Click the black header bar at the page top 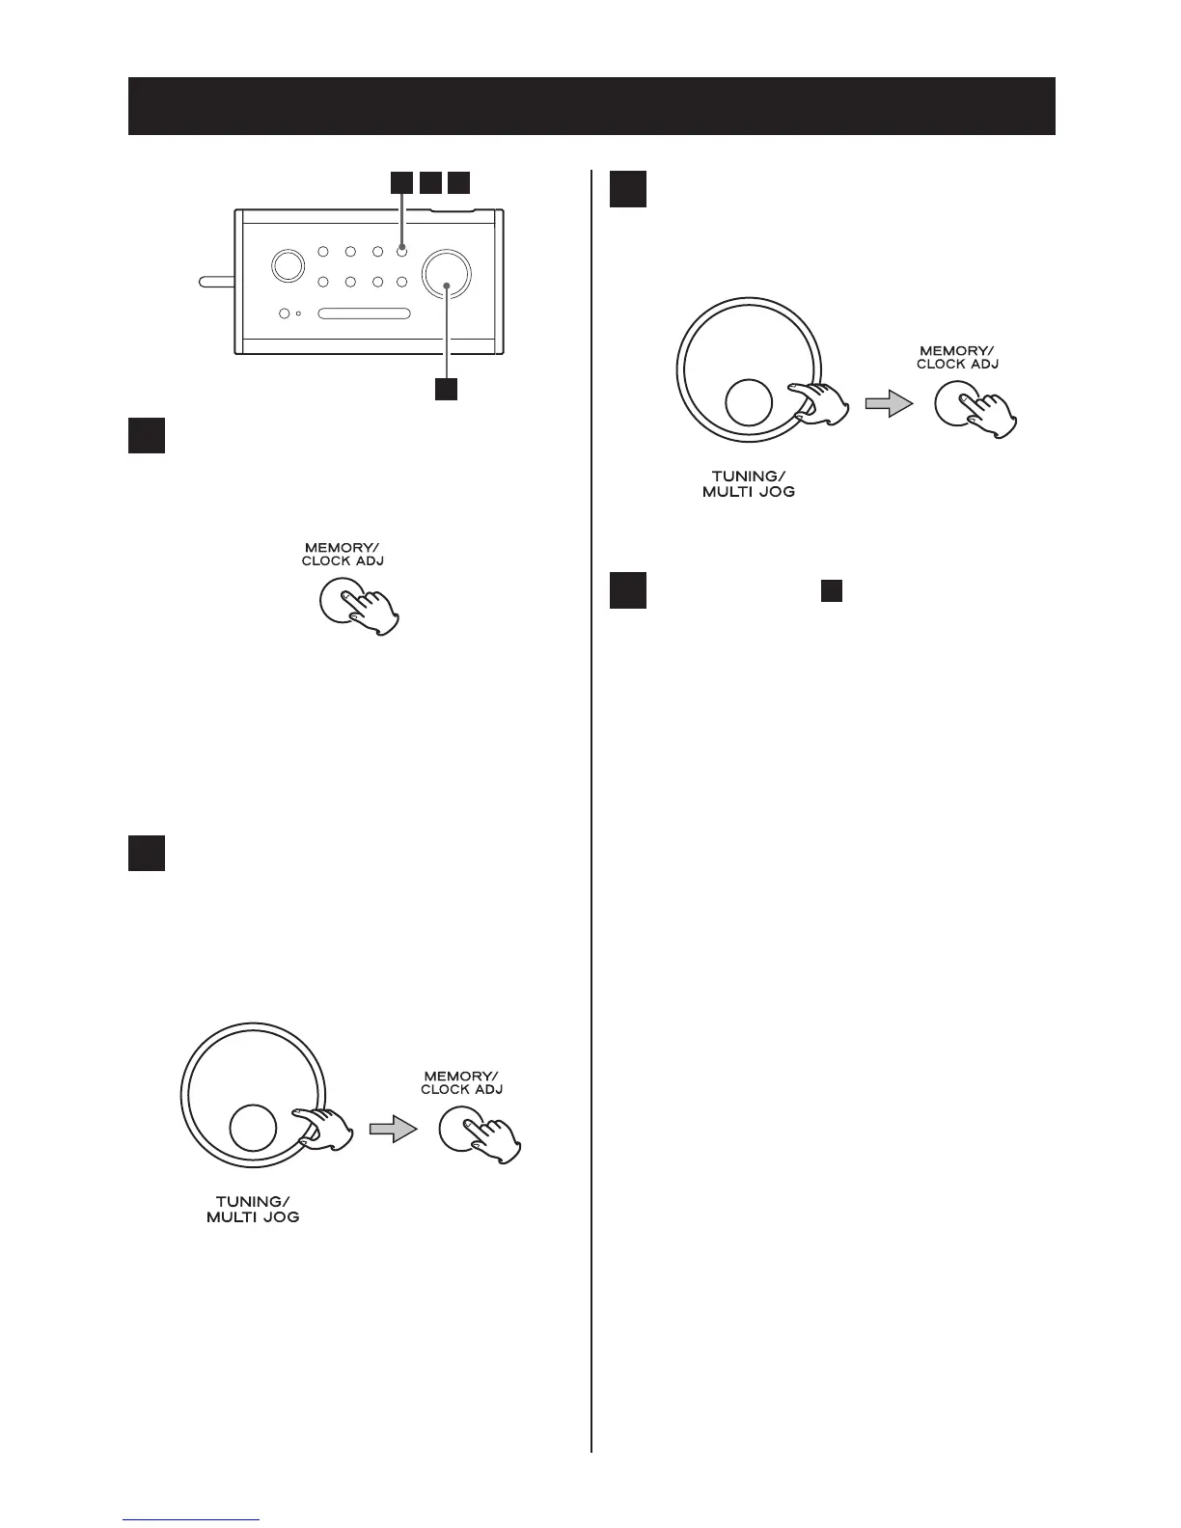pos(590,106)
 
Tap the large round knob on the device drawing pos(447,273)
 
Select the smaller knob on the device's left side pos(286,266)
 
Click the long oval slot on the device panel pos(365,314)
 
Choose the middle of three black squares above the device pos(431,182)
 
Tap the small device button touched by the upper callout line pos(401,252)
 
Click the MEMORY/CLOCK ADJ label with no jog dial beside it pos(343,554)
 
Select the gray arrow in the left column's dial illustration pos(392,1130)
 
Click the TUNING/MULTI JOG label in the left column pos(253,1210)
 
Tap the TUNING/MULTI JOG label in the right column pos(749,483)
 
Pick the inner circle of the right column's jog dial pos(748,402)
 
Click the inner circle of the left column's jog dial pos(254,1128)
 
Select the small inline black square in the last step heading pos(832,591)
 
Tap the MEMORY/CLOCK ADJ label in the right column pos(957,358)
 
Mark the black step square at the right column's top pos(628,189)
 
